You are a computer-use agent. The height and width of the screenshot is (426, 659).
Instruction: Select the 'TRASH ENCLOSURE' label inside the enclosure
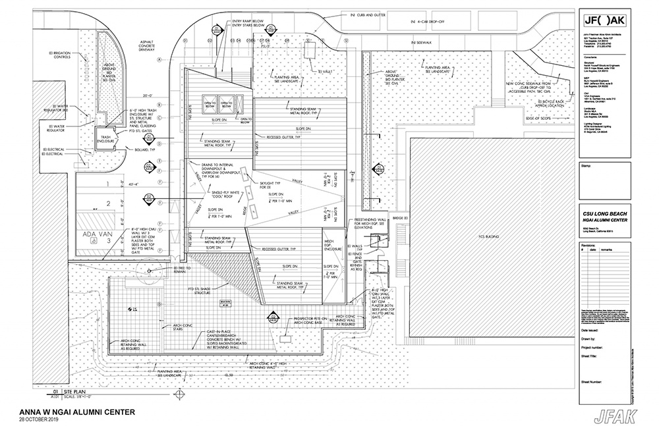pos(105,138)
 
